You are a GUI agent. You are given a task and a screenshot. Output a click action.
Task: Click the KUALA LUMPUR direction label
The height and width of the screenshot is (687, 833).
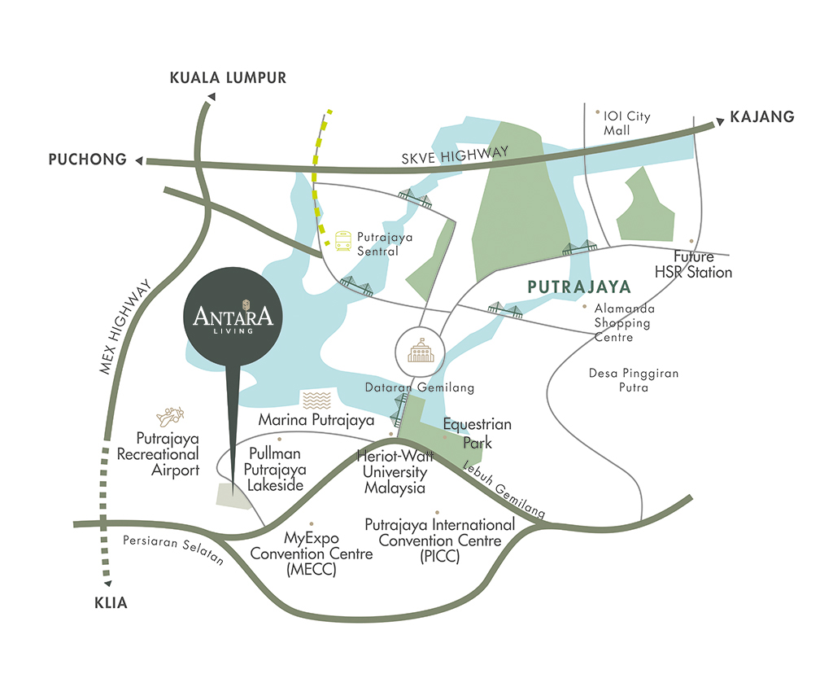click(x=228, y=77)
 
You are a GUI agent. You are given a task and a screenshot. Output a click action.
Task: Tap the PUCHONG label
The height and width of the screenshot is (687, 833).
click(x=88, y=159)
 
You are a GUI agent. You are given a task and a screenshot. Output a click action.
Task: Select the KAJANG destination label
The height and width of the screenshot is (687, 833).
click(x=761, y=116)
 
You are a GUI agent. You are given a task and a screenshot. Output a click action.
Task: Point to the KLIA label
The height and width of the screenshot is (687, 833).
click(x=111, y=602)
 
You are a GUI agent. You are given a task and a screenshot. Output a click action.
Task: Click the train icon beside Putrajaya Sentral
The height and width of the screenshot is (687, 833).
click(x=343, y=241)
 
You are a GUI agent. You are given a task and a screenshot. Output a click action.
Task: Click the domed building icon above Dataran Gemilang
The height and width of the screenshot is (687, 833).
click(x=421, y=350)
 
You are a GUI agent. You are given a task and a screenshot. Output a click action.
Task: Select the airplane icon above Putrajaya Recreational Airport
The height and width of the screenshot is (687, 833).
click(x=170, y=416)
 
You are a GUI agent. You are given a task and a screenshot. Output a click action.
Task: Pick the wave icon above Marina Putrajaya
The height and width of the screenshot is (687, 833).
click(x=316, y=400)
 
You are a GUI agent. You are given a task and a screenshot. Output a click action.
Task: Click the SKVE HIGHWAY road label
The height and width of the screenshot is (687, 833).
click(x=455, y=155)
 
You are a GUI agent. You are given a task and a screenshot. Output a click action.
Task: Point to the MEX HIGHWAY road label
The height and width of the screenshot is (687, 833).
click(x=125, y=326)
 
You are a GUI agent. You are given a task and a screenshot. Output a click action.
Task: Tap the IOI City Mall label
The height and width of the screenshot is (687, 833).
click(x=626, y=123)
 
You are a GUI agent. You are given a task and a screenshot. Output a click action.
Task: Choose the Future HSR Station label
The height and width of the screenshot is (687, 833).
click(x=693, y=265)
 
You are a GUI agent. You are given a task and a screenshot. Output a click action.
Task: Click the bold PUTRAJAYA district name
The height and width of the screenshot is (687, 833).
click(x=579, y=287)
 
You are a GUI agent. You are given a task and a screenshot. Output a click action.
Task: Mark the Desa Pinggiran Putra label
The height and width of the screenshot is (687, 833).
click(x=634, y=380)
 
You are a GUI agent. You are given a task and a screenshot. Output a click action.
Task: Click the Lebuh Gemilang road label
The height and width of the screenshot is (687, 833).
click(x=504, y=490)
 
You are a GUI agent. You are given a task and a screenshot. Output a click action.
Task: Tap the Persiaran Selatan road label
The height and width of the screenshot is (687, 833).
click(x=173, y=549)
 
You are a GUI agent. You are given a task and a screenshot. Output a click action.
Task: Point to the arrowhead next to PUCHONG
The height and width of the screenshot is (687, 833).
click(x=139, y=160)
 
